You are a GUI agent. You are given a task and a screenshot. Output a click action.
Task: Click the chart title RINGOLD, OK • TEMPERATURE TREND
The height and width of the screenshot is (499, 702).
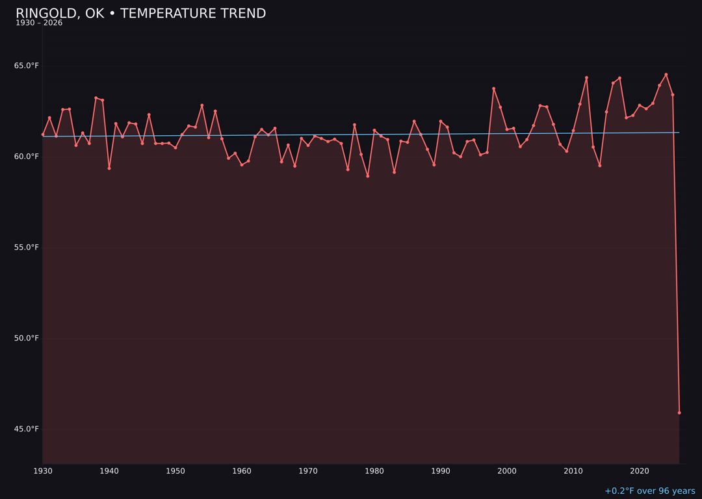click(x=140, y=14)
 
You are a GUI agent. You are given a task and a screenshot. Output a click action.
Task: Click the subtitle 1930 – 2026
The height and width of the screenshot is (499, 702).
click(x=39, y=23)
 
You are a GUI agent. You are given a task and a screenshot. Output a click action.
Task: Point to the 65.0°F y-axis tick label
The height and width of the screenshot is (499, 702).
click(x=27, y=66)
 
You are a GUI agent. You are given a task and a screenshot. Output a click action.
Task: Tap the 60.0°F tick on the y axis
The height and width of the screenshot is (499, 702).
click(x=27, y=157)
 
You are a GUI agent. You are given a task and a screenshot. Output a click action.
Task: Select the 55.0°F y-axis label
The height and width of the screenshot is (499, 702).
click(x=27, y=248)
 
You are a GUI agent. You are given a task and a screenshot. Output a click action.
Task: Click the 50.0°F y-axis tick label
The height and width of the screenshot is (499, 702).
click(x=27, y=339)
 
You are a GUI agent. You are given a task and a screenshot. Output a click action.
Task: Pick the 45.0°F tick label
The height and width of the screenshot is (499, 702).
click(x=27, y=429)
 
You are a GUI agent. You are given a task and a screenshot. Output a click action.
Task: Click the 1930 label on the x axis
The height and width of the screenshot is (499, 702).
click(x=43, y=471)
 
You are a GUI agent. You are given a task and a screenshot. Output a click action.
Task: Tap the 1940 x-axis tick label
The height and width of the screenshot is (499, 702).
click(x=109, y=471)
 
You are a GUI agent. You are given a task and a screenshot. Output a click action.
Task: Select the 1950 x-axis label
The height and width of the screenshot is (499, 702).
click(x=175, y=471)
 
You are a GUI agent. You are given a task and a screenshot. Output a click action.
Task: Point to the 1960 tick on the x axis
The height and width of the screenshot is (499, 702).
click(x=242, y=471)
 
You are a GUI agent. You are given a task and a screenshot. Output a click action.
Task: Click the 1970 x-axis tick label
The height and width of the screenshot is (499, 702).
click(x=308, y=471)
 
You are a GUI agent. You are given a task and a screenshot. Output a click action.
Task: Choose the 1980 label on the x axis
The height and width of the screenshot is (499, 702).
click(x=374, y=471)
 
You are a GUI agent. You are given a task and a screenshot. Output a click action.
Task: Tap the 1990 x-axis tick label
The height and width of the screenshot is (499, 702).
click(x=441, y=471)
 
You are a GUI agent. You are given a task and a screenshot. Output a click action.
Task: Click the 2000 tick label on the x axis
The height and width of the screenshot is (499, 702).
click(x=507, y=471)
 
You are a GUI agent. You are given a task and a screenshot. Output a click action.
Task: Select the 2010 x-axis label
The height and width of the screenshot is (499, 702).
click(x=573, y=471)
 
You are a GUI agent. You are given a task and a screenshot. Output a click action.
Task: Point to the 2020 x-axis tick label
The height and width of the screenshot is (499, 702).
click(x=640, y=471)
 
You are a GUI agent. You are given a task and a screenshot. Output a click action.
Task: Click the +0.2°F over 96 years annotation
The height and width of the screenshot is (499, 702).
click(x=649, y=491)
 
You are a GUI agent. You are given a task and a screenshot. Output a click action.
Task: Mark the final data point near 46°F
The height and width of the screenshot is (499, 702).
click(x=679, y=413)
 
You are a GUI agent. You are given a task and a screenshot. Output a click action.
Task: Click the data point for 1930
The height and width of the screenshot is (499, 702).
click(x=43, y=134)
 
